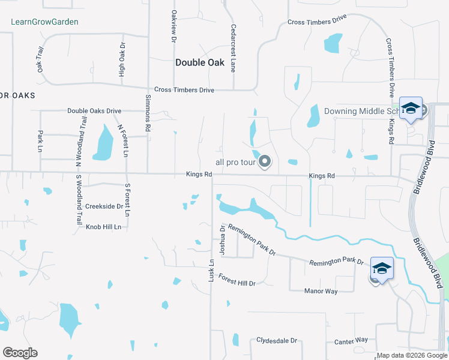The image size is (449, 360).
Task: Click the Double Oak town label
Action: [x=200, y=62]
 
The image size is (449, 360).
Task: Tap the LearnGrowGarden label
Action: [x=45, y=22]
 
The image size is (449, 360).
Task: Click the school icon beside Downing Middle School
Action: [x=411, y=109]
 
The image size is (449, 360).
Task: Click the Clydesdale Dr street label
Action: [x=277, y=340]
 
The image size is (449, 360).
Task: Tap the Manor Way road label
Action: [x=321, y=291]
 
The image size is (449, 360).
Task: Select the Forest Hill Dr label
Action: [x=237, y=280]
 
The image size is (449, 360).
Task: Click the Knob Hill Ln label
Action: [x=103, y=227]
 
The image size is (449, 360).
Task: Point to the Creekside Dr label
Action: [x=104, y=206]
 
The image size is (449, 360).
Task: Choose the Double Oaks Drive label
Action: [x=94, y=111]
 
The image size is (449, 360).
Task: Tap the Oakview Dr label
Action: [x=173, y=26]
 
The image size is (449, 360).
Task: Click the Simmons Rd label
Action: [x=148, y=113]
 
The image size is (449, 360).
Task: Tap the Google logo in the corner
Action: [x=20, y=353]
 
